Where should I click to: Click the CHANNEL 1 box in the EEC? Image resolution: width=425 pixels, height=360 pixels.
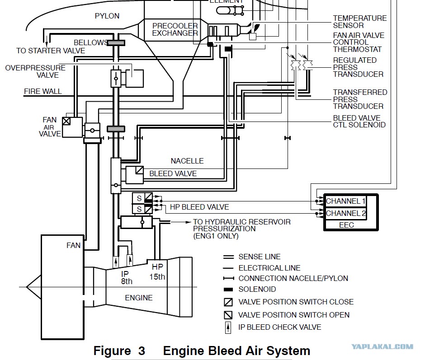tap(345, 201)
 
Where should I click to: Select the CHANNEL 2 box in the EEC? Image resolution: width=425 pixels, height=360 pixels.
tap(345, 214)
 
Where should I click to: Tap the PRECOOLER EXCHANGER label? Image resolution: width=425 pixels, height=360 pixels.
tap(175, 29)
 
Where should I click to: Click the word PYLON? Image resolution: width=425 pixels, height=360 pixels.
tap(107, 16)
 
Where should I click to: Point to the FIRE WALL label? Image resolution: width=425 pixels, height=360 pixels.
tap(43, 91)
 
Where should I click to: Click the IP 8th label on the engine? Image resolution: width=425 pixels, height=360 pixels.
tap(127, 278)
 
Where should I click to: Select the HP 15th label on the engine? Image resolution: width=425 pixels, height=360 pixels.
tap(157, 271)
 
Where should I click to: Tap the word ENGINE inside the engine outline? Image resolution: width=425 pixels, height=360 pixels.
tap(139, 298)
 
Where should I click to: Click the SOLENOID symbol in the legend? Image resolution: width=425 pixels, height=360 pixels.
tap(228, 290)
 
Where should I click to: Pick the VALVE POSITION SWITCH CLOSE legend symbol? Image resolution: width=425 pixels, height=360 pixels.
tap(228, 302)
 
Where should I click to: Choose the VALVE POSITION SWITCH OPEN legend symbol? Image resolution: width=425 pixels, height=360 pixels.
tap(228, 315)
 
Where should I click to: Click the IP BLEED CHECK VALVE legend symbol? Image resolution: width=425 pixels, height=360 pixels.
tap(228, 327)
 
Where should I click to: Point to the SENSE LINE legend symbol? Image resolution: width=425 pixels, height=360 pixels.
tap(228, 257)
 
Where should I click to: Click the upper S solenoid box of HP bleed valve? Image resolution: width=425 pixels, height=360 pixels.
tap(139, 198)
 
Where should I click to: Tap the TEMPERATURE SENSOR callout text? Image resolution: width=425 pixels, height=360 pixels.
tap(360, 22)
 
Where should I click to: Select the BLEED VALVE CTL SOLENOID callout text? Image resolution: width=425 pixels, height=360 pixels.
tap(359, 122)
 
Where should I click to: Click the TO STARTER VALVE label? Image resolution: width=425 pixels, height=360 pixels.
tap(51, 51)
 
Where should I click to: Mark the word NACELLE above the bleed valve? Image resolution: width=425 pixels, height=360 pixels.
tap(187, 161)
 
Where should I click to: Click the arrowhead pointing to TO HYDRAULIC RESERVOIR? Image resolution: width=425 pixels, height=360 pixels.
tap(188, 222)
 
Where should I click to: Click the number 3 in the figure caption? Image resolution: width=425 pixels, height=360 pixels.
tap(142, 351)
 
